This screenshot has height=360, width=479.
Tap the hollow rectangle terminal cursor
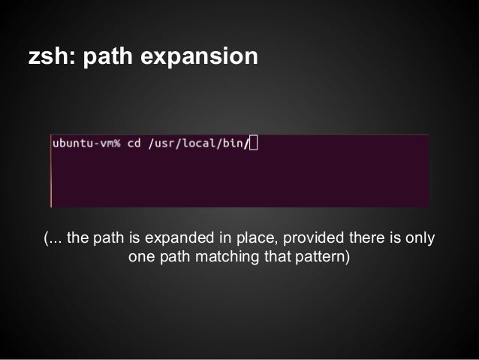click(x=252, y=143)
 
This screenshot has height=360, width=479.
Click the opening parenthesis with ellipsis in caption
click(x=53, y=240)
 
